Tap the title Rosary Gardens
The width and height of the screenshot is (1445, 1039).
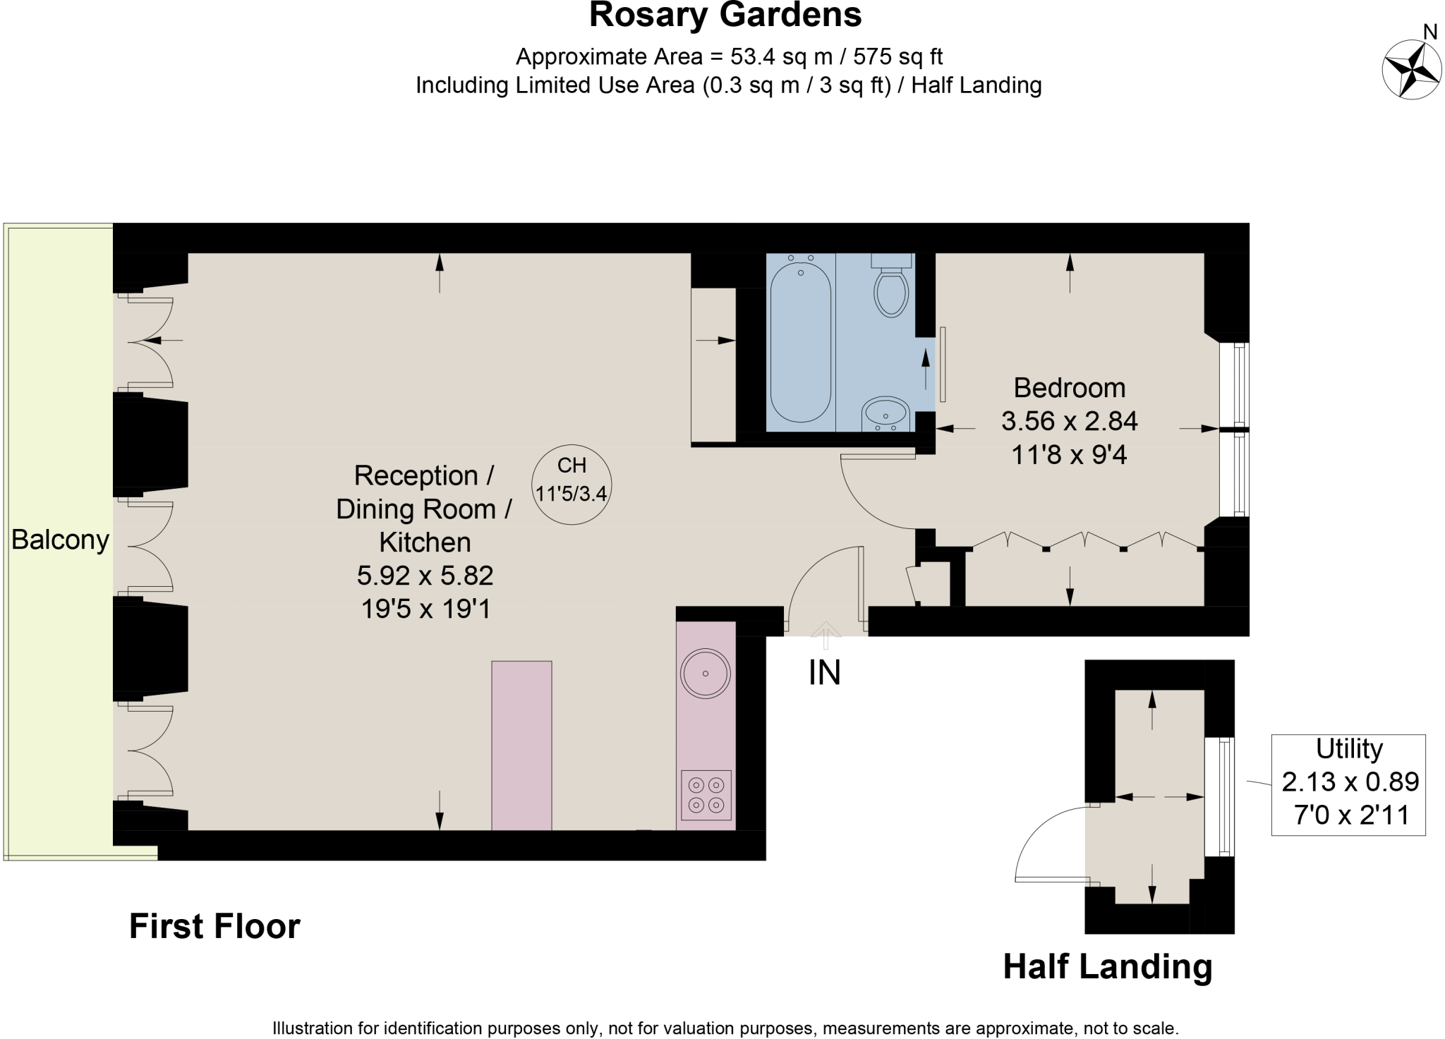point(725,16)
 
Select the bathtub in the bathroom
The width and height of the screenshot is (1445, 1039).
point(800,343)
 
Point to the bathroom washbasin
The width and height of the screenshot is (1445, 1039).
point(885,413)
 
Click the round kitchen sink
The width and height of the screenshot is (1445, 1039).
point(705,674)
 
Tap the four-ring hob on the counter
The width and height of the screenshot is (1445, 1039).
point(706,795)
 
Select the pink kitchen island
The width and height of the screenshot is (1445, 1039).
point(521,745)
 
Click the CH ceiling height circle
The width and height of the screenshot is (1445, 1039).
point(571,485)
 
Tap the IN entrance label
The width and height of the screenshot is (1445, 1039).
point(824,673)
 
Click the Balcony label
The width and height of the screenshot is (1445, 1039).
point(60,540)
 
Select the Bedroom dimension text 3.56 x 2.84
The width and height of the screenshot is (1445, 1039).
point(1069,422)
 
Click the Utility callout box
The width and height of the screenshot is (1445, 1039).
point(1348,785)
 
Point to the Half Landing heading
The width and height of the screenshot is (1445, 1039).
point(1107,966)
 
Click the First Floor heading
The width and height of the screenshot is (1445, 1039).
point(214,926)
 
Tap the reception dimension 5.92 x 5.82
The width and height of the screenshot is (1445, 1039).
point(425,576)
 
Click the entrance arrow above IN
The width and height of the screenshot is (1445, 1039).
point(825,633)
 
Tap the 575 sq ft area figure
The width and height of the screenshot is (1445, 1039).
point(897,56)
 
